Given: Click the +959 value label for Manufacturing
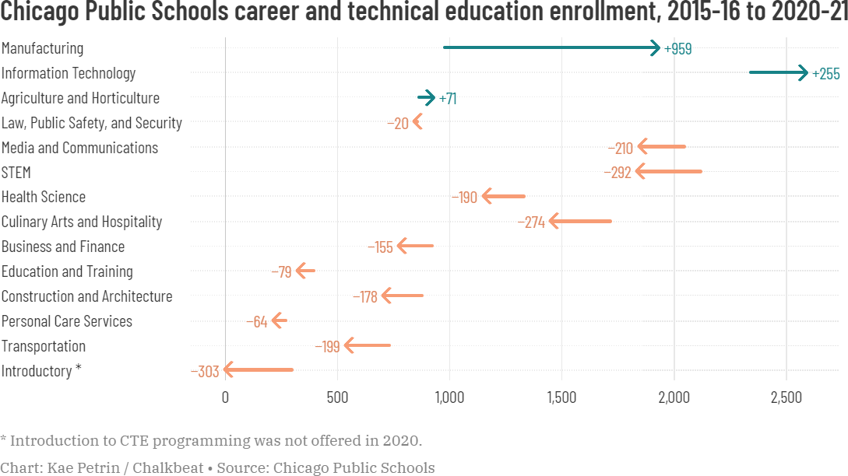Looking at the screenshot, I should click(x=677, y=49).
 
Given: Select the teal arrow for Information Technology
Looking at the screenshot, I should click(x=778, y=73).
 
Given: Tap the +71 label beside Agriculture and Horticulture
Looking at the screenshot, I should click(x=448, y=99).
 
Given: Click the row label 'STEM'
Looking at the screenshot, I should click(x=16, y=173).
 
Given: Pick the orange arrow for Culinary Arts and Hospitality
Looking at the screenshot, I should click(x=580, y=222).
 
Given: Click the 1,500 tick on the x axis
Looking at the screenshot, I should click(x=561, y=397).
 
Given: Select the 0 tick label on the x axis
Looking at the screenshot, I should click(x=225, y=397).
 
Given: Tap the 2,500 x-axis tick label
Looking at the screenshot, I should click(x=786, y=397).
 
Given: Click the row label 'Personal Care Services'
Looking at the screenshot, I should click(x=67, y=321).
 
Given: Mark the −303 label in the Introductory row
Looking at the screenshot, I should click(x=206, y=372).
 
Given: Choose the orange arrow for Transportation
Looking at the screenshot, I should click(x=368, y=345).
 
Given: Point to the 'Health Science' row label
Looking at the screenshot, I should click(x=44, y=197).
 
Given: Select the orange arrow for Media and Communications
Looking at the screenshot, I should click(x=661, y=147).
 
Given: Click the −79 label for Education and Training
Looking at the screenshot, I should click(x=281, y=272).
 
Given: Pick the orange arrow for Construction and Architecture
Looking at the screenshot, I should click(x=402, y=296).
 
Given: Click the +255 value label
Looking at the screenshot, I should click(x=826, y=74).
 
